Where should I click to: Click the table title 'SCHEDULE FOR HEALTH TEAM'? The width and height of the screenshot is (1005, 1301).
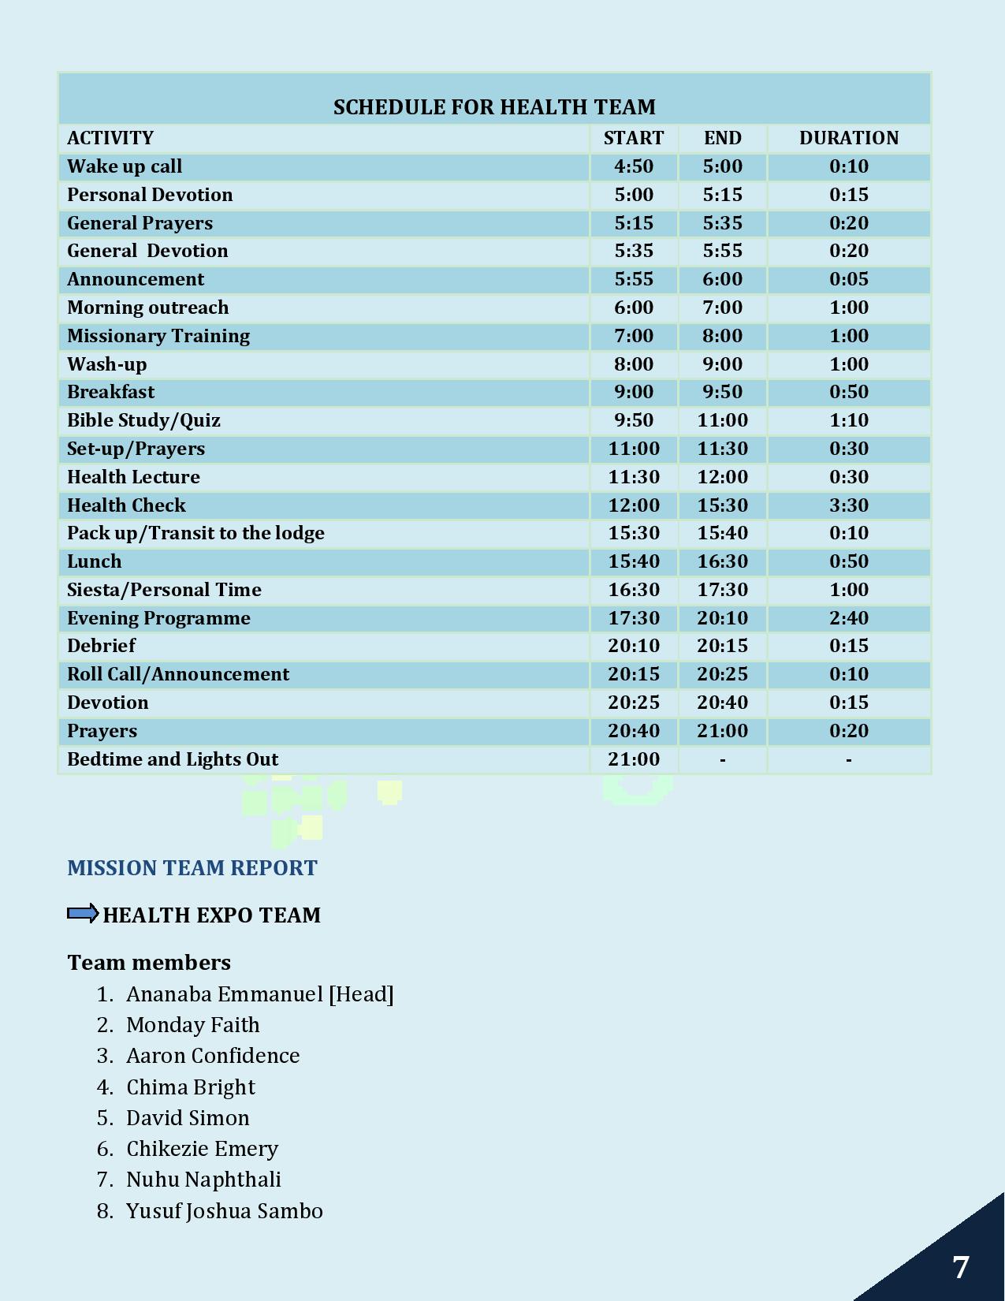[494, 107]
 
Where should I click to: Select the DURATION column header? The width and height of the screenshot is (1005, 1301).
[848, 138]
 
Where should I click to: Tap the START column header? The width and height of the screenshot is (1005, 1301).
[634, 138]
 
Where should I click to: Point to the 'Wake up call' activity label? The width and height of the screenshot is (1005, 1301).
[125, 166]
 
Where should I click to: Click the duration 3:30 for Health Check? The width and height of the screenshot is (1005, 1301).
[848, 505]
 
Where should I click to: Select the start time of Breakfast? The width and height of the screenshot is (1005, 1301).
[634, 392]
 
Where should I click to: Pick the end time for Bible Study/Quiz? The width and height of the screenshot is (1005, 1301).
[722, 420]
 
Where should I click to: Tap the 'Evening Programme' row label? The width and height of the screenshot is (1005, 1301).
[158, 618]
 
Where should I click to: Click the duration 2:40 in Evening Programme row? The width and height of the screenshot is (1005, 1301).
[848, 618]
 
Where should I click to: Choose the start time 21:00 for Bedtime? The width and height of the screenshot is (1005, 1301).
[634, 759]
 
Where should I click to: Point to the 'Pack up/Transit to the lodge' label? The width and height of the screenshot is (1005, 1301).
[195, 533]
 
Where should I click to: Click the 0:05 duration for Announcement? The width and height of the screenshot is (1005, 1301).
[848, 279]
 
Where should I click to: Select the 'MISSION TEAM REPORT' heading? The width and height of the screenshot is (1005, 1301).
[192, 868]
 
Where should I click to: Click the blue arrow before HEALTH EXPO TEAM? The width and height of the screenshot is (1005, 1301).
[83, 914]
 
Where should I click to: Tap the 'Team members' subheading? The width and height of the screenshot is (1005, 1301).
[149, 963]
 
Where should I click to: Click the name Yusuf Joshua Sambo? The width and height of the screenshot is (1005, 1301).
[225, 1211]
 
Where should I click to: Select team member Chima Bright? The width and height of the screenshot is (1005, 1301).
[191, 1087]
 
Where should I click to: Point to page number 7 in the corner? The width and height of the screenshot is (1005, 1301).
[960, 1268]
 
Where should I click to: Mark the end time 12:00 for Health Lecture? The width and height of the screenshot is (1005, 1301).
[722, 477]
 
